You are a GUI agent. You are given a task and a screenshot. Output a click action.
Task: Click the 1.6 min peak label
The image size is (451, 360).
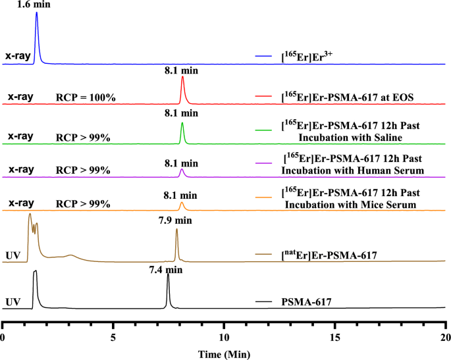pos(37,5)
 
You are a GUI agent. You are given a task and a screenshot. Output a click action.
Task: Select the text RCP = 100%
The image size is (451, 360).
pos(86,97)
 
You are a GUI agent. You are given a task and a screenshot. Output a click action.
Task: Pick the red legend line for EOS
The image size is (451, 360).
pos(264,97)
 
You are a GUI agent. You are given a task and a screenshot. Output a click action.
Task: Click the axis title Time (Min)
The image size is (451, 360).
pos(224,353)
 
